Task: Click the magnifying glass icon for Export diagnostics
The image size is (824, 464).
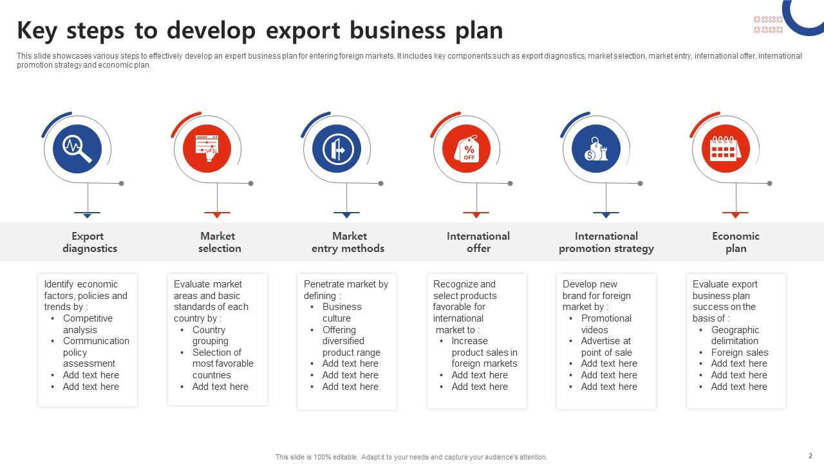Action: coord(77,148)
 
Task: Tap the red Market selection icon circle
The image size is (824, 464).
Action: coord(207,148)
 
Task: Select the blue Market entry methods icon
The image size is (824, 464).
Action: coord(337,148)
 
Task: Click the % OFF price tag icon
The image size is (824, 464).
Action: coord(467,148)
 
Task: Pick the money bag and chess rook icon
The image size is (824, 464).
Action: coord(596,149)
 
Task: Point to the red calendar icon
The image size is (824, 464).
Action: coord(726,149)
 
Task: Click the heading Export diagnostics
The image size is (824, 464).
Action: coord(89,242)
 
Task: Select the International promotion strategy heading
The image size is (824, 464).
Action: coord(606,242)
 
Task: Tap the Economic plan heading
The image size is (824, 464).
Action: coord(736,242)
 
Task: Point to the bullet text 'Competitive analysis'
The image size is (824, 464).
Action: coord(88,324)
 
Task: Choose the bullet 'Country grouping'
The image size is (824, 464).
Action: coord(211,335)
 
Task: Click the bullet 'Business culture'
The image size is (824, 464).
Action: coord(342,313)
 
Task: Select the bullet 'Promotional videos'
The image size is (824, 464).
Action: coord(606,324)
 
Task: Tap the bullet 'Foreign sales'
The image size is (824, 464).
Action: coord(740,353)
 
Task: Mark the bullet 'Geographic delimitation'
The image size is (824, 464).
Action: coord(735,335)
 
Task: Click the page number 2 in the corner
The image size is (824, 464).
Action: coord(810,456)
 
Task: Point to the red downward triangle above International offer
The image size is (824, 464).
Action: coord(476,215)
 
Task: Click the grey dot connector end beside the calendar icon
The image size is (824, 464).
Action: coord(769,184)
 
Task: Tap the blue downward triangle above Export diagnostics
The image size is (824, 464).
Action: coord(87,215)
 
